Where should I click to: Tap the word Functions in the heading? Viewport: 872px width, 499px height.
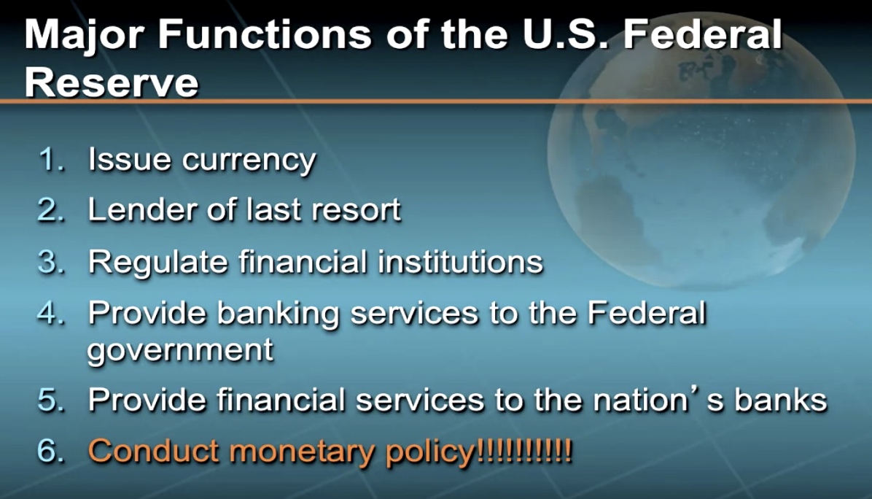tap(265, 34)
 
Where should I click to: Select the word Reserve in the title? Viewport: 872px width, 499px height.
tap(112, 83)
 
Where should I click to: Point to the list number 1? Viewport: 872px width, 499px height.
tap(52, 159)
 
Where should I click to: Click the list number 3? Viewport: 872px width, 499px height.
tap(51, 261)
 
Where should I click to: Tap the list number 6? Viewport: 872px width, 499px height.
tap(51, 450)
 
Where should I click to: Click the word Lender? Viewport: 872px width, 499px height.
tap(142, 209)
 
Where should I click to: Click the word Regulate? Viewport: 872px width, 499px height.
tap(158, 263)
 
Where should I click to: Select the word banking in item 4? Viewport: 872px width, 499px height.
tap(278, 314)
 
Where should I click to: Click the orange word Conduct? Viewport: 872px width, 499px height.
tap(153, 451)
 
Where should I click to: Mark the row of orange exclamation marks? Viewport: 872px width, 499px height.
tap(524, 450)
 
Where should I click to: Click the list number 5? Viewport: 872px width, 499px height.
tap(51, 400)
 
